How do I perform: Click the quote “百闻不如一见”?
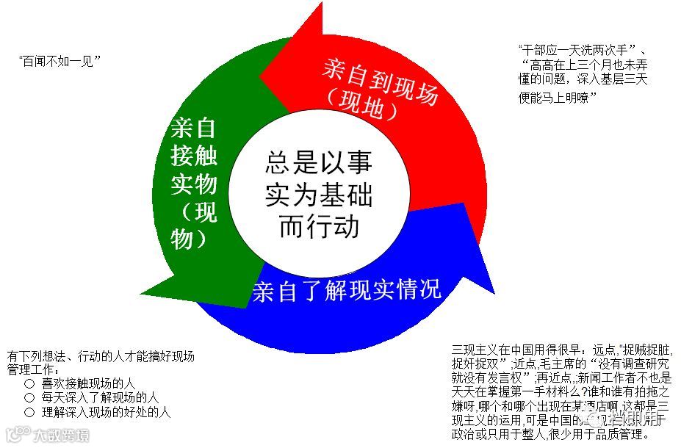pyautogui.click(x=59, y=61)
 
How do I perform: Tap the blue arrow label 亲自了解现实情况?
pyautogui.click(x=347, y=290)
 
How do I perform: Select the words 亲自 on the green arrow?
pyautogui.click(x=193, y=128)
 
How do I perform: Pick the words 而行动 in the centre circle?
pyautogui.click(x=318, y=226)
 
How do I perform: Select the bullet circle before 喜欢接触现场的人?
pyautogui.click(x=29, y=383)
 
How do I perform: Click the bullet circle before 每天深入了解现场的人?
pyautogui.click(x=29, y=398)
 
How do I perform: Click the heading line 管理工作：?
pyautogui.click(x=31, y=369)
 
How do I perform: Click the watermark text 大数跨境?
pyautogui.click(x=63, y=436)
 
